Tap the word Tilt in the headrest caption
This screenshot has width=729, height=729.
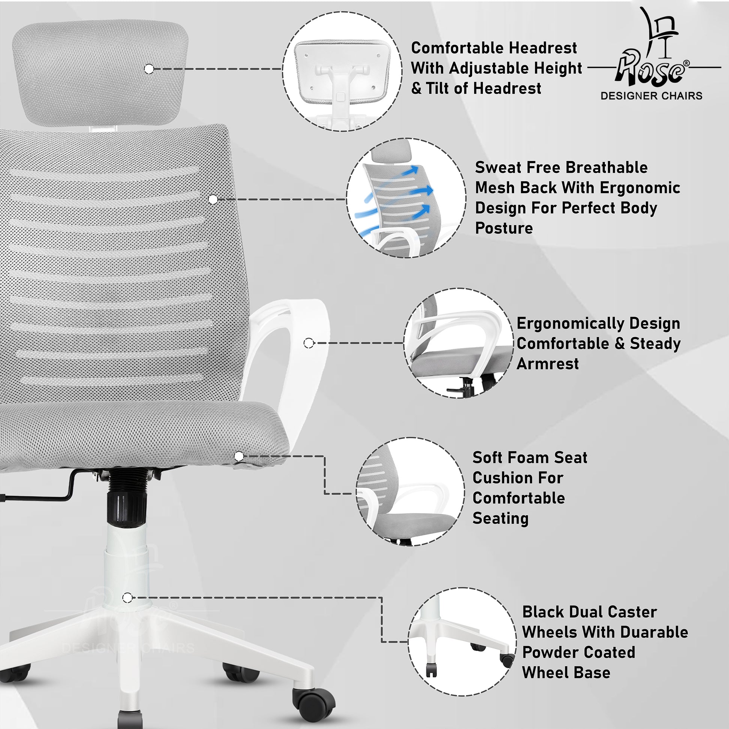[438, 88]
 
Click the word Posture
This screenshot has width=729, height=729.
[504, 228]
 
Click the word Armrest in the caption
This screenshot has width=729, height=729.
[548, 364]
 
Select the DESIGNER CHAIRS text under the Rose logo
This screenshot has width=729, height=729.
[652, 96]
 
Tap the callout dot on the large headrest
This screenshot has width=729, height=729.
[149, 69]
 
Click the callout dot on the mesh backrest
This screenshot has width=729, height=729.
[213, 199]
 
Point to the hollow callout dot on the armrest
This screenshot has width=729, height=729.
[309, 343]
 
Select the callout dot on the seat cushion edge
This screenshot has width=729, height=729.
[239, 457]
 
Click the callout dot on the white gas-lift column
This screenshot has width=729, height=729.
[127, 598]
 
